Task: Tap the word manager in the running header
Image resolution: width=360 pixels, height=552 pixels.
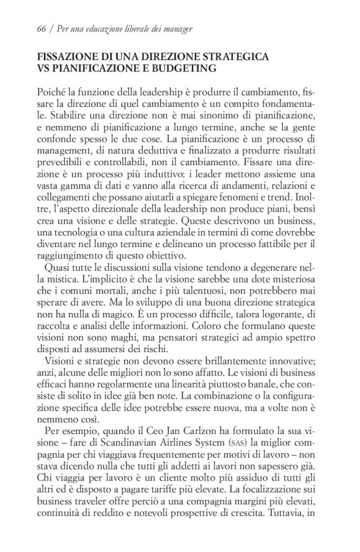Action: point(176,29)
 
